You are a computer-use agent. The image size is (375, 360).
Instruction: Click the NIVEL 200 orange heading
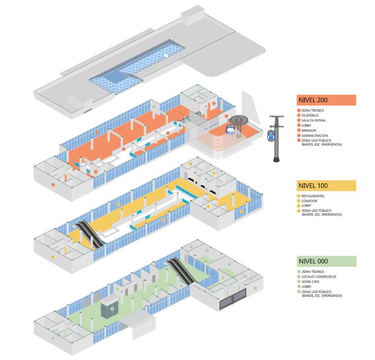click(326, 100)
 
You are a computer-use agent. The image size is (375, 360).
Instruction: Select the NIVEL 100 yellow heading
click(326, 186)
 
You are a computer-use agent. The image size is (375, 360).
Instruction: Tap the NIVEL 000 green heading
click(326, 261)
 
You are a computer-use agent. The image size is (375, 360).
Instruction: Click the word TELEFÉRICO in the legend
click(310, 115)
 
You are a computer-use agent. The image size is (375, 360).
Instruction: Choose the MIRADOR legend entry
click(308, 130)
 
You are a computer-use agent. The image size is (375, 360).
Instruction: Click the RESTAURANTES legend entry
click(313, 196)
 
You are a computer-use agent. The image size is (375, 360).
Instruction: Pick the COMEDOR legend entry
click(309, 201)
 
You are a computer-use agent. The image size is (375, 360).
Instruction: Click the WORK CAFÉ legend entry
click(311, 281)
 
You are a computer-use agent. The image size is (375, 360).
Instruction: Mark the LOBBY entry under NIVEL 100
click(307, 206)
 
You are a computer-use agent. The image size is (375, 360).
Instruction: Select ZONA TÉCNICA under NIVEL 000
click(312, 272)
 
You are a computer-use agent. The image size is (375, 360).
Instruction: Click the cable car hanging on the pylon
click(270, 135)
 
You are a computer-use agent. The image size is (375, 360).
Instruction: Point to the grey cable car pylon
click(276, 148)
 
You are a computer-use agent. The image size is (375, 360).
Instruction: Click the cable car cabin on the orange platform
click(230, 129)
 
